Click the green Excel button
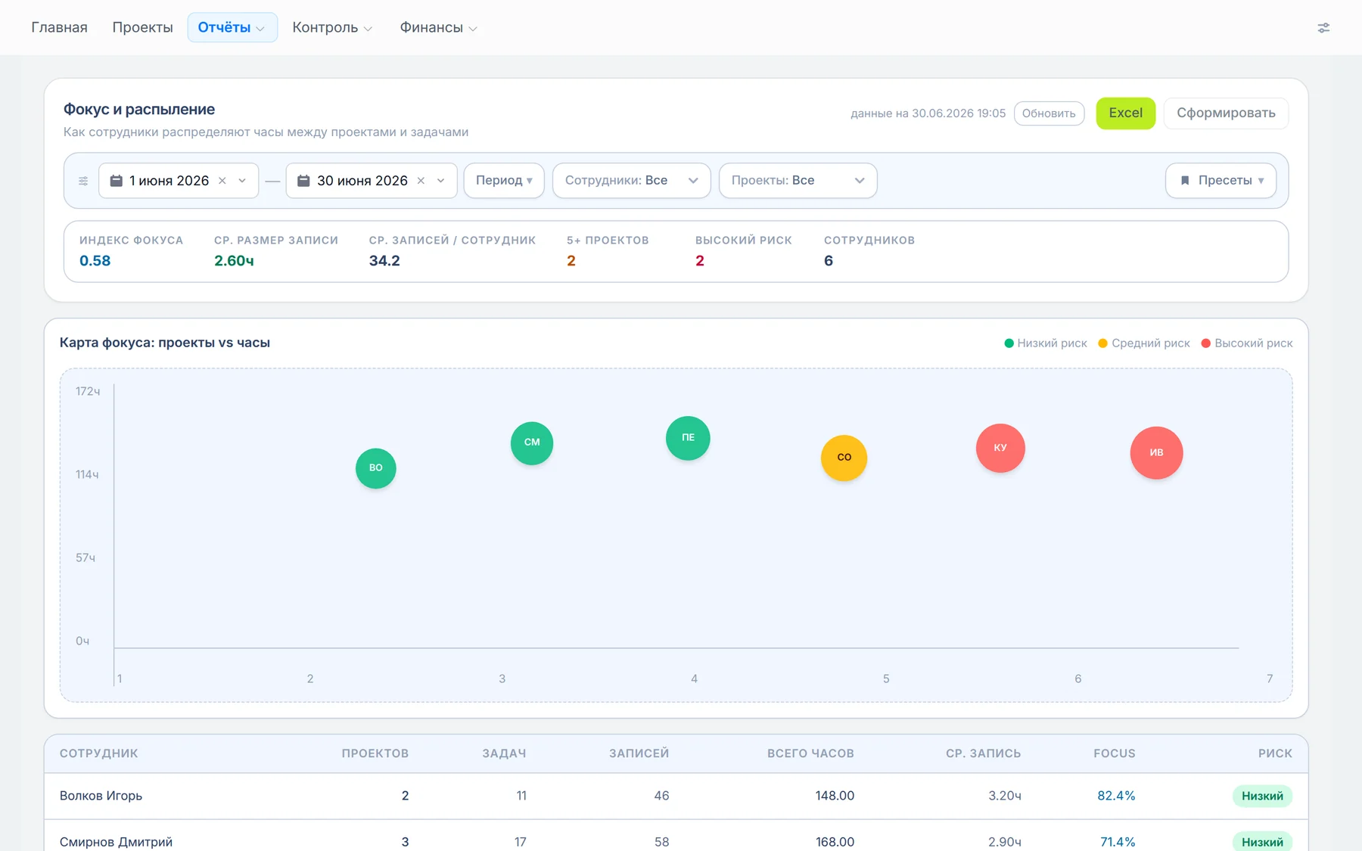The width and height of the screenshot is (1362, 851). pyautogui.click(x=1125, y=113)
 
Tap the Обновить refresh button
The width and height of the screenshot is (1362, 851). pyautogui.click(x=1049, y=113)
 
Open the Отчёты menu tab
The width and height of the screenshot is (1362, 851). pyautogui.click(x=232, y=27)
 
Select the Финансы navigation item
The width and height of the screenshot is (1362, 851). pyautogui.click(x=438, y=27)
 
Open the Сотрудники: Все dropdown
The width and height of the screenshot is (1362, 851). pyautogui.click(x=631, y=181)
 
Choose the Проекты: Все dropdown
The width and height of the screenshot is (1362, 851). pyautogui.click(x=798, y=181)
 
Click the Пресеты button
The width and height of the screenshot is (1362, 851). pyautogui.click(x=1221, y=181)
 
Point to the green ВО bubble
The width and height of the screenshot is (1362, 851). pyautogui.click(x=376, y=468)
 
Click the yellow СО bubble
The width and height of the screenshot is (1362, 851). pyautogui.click(x=844, y=458)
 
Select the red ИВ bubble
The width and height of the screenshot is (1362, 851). pyautogui.click(x=1156, y=452)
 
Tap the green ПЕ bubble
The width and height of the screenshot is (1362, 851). pyautogui.click(x=688, y=438)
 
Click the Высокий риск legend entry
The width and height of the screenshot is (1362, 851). pyautogui.click(x=1247, y=343)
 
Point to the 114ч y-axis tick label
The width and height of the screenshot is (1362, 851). pyautogui.click(x=87, y=474)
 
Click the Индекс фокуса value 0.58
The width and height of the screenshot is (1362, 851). pyautogui.click(x=95, y=261)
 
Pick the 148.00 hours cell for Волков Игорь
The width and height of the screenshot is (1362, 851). pyautogui.click(x=835, y=796)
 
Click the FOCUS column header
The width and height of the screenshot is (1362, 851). pyautogui.click(x=1114, y=753)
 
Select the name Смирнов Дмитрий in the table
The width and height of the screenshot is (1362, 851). pyautogui.click(x=116, y=842)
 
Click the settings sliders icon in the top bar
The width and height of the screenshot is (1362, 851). pyautogui.click(x=1323, y=28)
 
